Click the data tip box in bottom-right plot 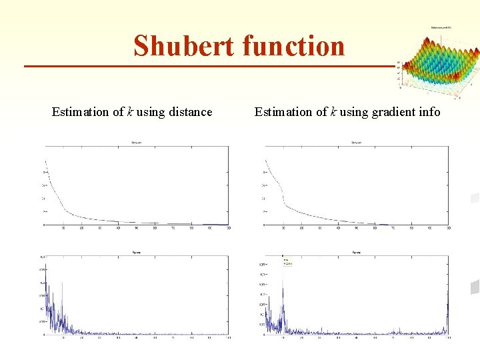pos(289,262)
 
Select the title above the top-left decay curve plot pos(136,142)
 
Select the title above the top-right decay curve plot pos(356,142)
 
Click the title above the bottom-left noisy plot pos(136,253)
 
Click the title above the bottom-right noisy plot pos(356,253)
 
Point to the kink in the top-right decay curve pos(284,198)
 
